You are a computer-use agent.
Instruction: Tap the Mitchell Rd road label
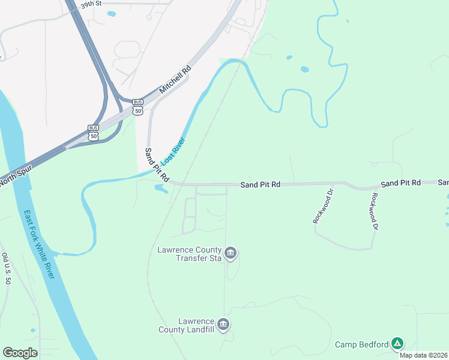175,79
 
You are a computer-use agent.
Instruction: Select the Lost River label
173,152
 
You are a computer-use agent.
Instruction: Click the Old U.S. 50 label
6,268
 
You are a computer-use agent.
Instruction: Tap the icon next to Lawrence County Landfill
223,325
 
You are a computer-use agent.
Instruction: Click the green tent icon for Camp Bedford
397,344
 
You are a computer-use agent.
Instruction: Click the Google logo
20,353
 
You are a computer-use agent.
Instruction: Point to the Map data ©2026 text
424,355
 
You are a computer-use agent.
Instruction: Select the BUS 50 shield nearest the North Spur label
93,132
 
